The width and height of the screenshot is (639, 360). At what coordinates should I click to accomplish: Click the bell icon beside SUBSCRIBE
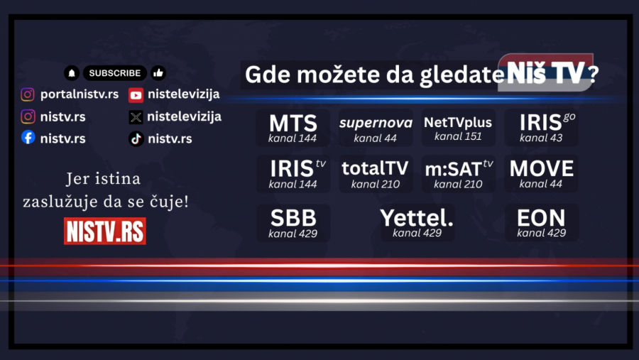[x=72, y=73]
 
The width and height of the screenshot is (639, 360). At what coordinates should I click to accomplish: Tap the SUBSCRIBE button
[x=115, y=73]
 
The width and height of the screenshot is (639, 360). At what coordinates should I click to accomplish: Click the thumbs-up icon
[x=158, y=73]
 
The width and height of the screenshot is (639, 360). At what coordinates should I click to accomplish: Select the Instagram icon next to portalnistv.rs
[x=28, y=94]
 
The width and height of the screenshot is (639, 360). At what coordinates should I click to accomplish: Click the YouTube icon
[x=136, y=94]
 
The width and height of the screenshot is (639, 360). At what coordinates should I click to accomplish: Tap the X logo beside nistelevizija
[x=136, y=116]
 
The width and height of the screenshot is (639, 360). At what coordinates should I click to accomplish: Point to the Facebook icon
[x=28, y=138]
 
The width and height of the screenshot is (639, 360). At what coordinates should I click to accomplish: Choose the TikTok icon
[x=136, y=138]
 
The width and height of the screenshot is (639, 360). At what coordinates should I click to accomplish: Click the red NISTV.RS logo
[x=105, y=231]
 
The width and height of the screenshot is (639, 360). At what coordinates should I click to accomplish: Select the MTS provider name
[x=293, y=122]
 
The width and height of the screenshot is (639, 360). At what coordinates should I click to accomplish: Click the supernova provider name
[x=376, y=123]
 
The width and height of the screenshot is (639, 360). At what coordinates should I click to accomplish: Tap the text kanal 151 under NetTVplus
[x=458, y=136]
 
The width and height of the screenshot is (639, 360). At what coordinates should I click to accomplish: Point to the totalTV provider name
[x=375, y=168]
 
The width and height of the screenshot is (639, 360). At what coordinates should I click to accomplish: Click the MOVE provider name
[x=542, y=168]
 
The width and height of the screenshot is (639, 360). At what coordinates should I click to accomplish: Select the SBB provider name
[x=293, y=217]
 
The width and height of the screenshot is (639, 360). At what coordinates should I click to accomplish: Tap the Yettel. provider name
[x=417, y=217]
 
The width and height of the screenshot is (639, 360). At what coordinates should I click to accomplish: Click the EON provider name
[x=541, y=217]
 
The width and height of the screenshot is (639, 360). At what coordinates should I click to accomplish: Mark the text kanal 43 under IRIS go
[x=540, y=138]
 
